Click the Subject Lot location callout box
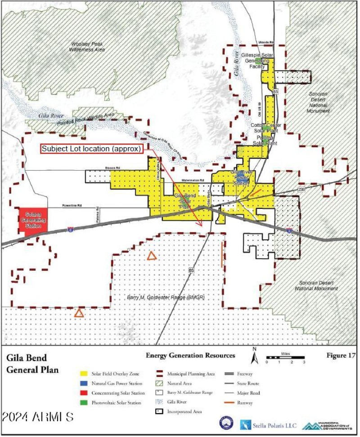[92, 149]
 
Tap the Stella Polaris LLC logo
[267, 424]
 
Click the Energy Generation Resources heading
[190, 356]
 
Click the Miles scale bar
[285, 359]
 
